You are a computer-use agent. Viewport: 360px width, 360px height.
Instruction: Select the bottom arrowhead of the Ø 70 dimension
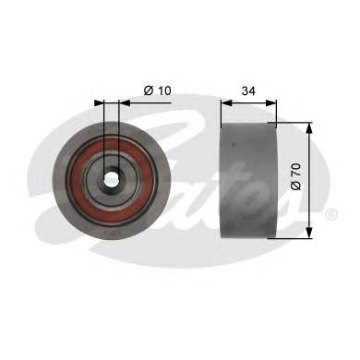click(307, 234)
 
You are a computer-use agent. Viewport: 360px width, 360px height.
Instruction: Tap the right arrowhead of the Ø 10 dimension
click(121, 101)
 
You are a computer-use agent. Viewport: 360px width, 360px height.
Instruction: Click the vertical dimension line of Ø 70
click(307, 176)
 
